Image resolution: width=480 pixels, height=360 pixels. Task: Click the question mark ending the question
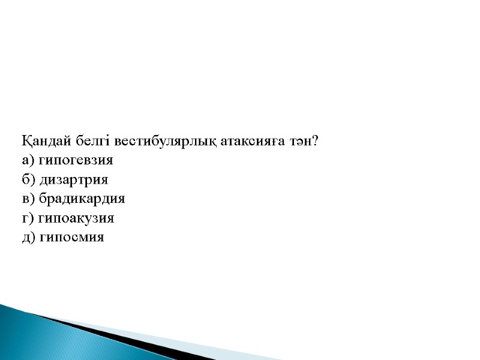pos(314,142)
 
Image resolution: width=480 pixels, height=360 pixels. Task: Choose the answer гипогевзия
pos(75,161)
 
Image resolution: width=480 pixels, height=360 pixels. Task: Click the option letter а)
pos(28,161)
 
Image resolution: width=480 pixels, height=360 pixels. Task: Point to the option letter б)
pos(28,180)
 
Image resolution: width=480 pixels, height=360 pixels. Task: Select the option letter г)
pos(27,218)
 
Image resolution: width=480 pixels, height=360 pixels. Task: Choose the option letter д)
pos(28,238)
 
